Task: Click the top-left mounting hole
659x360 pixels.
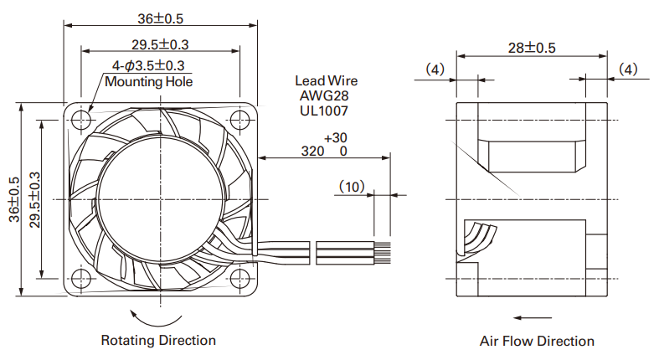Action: (81, 121)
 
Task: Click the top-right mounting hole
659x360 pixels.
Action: (239, 121)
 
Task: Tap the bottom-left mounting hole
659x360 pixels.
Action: (81, 278)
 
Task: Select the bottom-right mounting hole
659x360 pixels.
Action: (239, 278)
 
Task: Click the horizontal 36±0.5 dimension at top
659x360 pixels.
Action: (161, 18)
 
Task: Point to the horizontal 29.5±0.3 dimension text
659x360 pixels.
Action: (160, 44)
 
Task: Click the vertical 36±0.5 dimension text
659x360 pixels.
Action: (14, 199)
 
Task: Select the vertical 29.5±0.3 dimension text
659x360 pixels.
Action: (35, 200)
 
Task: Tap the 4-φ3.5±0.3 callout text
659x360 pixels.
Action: (148, 65)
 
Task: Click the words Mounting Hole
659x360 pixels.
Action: (149, 81)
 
